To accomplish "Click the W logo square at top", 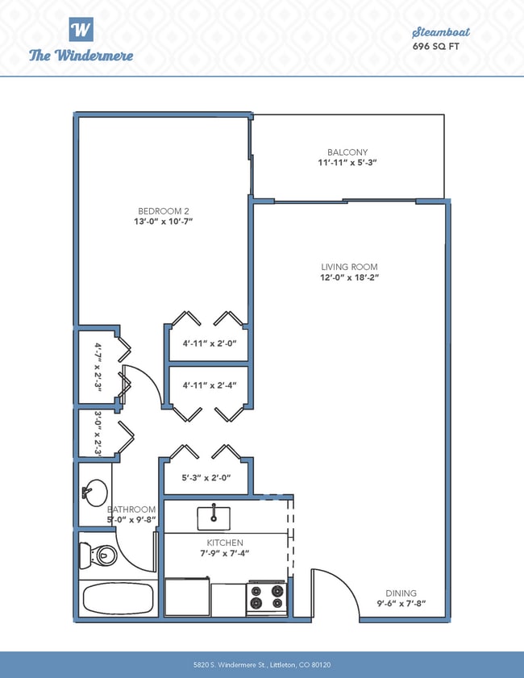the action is [81, 29].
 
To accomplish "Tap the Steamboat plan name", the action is [440, 32].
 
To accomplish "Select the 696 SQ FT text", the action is [436, 46].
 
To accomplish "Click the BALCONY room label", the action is [347, 152].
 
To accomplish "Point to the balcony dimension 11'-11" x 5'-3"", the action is [347, 163].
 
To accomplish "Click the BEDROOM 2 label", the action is [164, 211].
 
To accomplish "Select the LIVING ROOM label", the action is [349, 267].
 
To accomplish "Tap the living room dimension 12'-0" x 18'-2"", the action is [349, 277].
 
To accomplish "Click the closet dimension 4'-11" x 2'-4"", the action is [210, 385].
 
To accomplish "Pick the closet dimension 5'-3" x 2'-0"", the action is [206, 478].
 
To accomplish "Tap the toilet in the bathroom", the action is [98, 555].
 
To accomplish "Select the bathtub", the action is [118, 598].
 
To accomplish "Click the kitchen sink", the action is [214, 518].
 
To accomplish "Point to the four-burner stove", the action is [267, 597].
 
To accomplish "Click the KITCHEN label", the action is [225, 543].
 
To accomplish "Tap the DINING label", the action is [401, 593].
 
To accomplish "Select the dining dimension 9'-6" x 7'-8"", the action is [401, 604].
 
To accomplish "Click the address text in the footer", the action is [262, 664].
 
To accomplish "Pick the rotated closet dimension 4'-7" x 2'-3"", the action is [98, 367].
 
